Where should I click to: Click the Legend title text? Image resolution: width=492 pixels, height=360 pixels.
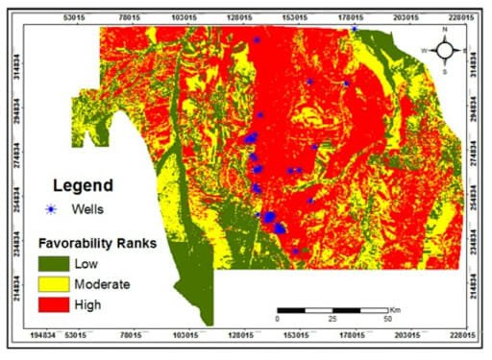[x=83, y=185]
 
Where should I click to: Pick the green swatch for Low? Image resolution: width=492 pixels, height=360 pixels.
[x=53, y=263]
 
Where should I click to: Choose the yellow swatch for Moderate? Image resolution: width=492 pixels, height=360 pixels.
[x=53, y=284]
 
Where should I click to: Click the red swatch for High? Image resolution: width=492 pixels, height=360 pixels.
[x=53, y=305]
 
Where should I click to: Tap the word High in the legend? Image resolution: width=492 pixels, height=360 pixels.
[x=100, y=305]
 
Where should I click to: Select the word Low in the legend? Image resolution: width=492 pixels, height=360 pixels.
[x=99, y=263]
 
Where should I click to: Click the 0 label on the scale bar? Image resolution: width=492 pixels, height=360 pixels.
[x=277, y=318]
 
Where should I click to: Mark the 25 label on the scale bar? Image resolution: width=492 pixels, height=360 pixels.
[x=332, y=318]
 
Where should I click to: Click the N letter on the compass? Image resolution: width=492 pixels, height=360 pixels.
[x=445, y=30]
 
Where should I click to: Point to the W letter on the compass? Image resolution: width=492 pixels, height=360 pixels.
[x=424, y=50]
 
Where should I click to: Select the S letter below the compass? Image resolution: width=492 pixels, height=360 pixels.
[x=445, y=71]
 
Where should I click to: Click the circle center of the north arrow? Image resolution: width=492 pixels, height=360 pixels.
[x=445, y=50]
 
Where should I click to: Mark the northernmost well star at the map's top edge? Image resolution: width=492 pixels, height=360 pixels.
[x=354, y=29]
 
